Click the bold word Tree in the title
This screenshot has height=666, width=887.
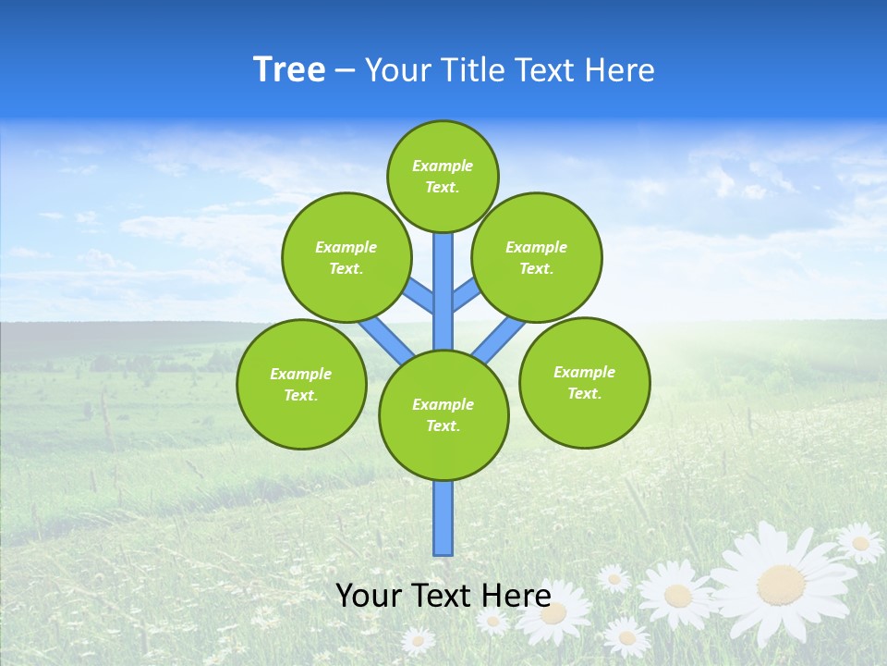[289, 70]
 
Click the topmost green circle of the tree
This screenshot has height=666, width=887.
[443, 176]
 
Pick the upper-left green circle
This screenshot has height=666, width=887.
[346, 257]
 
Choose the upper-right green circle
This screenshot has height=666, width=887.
[537, 257]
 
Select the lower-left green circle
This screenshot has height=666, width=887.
[301, 384]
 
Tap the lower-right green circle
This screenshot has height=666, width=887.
[584, 382]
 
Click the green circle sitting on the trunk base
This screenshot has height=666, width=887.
[443, 415]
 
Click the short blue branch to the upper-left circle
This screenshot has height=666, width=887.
[419, 295]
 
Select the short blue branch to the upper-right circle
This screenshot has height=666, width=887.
[466, 293]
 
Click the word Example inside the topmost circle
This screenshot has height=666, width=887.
[443, 166]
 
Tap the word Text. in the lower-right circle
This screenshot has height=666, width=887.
[584, 393]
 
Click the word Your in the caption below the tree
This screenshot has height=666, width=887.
[368, 595]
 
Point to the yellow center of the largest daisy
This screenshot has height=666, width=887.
[781, 584]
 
